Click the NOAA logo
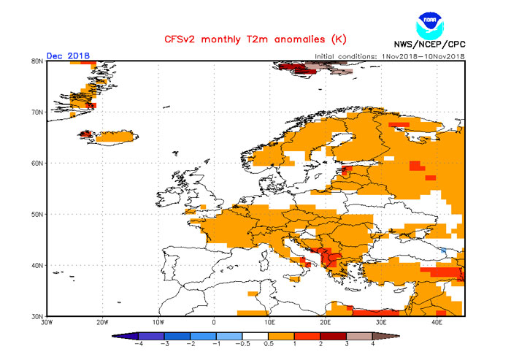429,26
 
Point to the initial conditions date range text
390,56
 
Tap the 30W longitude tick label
47,322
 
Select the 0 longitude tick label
214,322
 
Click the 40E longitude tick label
437,322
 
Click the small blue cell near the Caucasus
442,250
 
